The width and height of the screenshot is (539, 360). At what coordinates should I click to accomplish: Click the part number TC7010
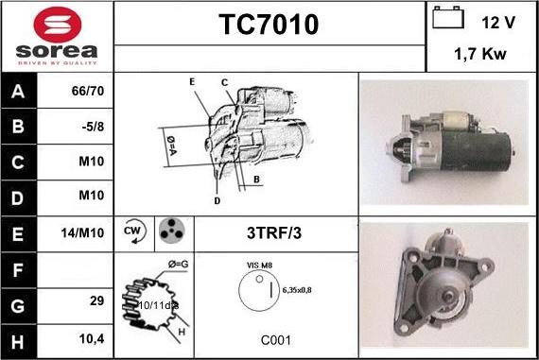click(x=269, y=26)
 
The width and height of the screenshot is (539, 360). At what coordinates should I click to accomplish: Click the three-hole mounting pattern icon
click(x=171, y=230)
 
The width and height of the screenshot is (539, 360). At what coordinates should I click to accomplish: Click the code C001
click(x=276, y=340)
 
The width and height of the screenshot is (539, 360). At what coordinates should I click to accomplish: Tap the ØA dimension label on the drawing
click(x=173, y=143)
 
